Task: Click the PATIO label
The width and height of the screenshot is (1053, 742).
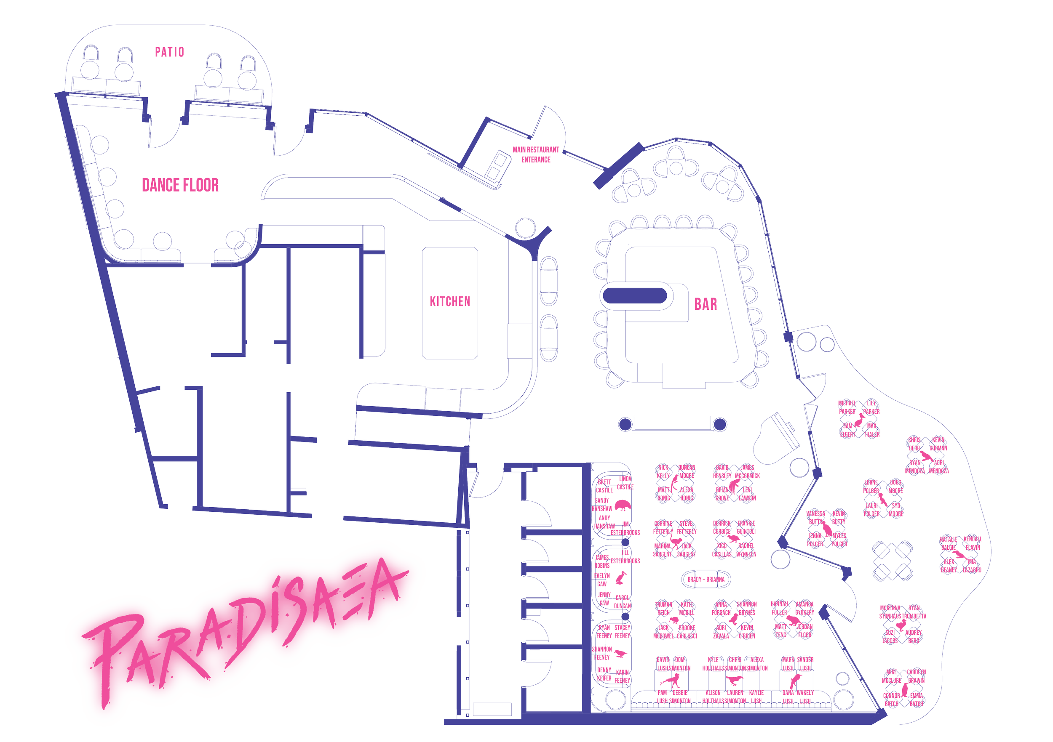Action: point(169,52)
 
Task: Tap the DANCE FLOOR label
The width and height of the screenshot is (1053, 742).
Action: point(180,185)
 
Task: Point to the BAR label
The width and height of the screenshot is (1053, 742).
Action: point(706,304)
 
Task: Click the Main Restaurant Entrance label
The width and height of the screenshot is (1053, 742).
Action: point(536,154)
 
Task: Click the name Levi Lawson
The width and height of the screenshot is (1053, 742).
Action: point(747,494)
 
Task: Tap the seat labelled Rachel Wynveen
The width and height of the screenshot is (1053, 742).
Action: point(746,550)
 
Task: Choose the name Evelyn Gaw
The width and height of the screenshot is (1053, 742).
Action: point(602,580)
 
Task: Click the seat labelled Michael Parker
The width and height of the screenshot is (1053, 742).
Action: point(847,407)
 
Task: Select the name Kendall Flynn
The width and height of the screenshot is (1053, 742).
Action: point(972,543)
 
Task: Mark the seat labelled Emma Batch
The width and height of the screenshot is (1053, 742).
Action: point(917,700)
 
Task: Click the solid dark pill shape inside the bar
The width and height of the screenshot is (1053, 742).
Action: point(635,295)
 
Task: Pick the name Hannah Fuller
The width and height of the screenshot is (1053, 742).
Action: point(779,608)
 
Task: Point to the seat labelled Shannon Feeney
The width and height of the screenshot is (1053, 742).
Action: point(602,653)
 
